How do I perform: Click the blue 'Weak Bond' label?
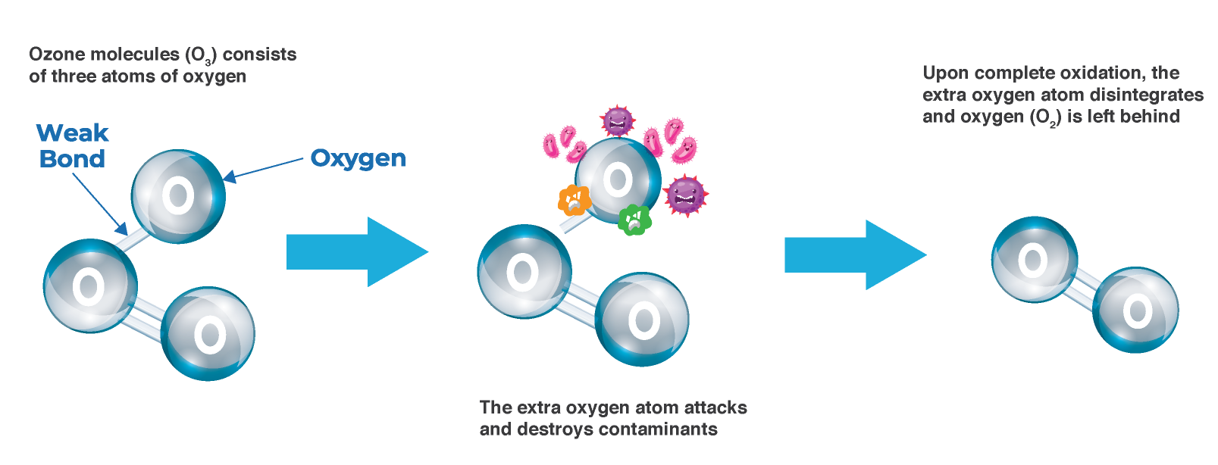pyautogui.click(x=73, y=145)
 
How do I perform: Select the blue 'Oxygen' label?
pyautogui.click(x=358, y=158)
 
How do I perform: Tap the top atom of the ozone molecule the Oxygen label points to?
pyautogui.click(x=178, y=196)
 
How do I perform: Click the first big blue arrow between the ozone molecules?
pyautogui.click(x=356, y=252)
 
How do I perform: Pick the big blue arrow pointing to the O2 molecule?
pyautogui.click(x=854, y=255)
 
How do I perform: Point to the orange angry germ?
pyautogui.click(x=574, y=201)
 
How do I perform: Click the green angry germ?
pyautogui.click(x=634, y=220)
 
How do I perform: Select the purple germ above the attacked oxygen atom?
pyautogui.click(x=617, y=120)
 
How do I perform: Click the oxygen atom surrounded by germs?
pyautogui.click(x=617, y=180)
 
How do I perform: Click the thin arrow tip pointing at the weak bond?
pyautogui.click(x=124, y=231)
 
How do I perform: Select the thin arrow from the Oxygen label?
pyautogui.click(x=265, y=169)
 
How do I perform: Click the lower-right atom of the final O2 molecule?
pyautogui.click(x=1135, y=310)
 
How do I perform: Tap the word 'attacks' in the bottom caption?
pyautogui.click(x=715, y=407)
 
